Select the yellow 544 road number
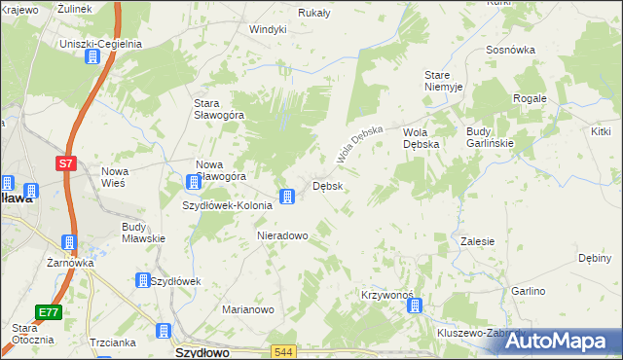pyautogui.click(x=283, y=351)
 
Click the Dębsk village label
pyautogui.click(x=326, y=185)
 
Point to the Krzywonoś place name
pyautogui.click(x=387, y=294)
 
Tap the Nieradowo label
pyautogui.click(x=282, y=235)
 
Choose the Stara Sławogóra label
pyautogui.click(x=219, y=109)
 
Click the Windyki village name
pyautogui.click(x=268, y=29)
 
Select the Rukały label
pyautogui.click(x=314, y=13)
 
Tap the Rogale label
pyautogui.click(x=531, y=98)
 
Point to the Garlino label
pyautogui.click(x=529, y=291)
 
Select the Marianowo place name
pyautogui.click(x=247, y=309)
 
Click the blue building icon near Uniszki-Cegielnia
pyautogui.click(x=92, y=58)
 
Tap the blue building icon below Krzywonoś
pyautogui.click(x=415, y=306)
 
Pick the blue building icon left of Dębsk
pyautogui.click(x=287, y=198)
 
